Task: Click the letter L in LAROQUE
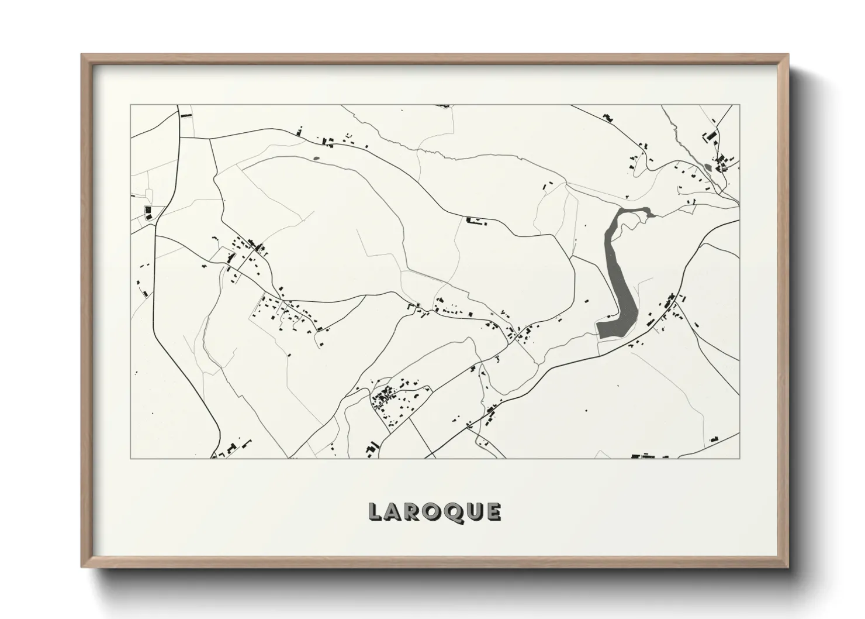pos(375,512)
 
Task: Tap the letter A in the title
pos(393,512)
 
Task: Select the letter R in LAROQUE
pos(413,512)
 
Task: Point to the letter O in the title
pos(433,512)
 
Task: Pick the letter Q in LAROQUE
pos(454,512)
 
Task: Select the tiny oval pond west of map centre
pos(317,157)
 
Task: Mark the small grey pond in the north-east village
pos(709,168)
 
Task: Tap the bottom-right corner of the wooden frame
pos(788,567)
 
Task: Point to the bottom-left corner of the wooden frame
pos(82,567)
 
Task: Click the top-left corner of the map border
pos(130,105)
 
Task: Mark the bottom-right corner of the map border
pos(739,458)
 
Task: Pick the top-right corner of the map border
pos(739,105)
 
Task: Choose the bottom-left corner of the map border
pos(130,458)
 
